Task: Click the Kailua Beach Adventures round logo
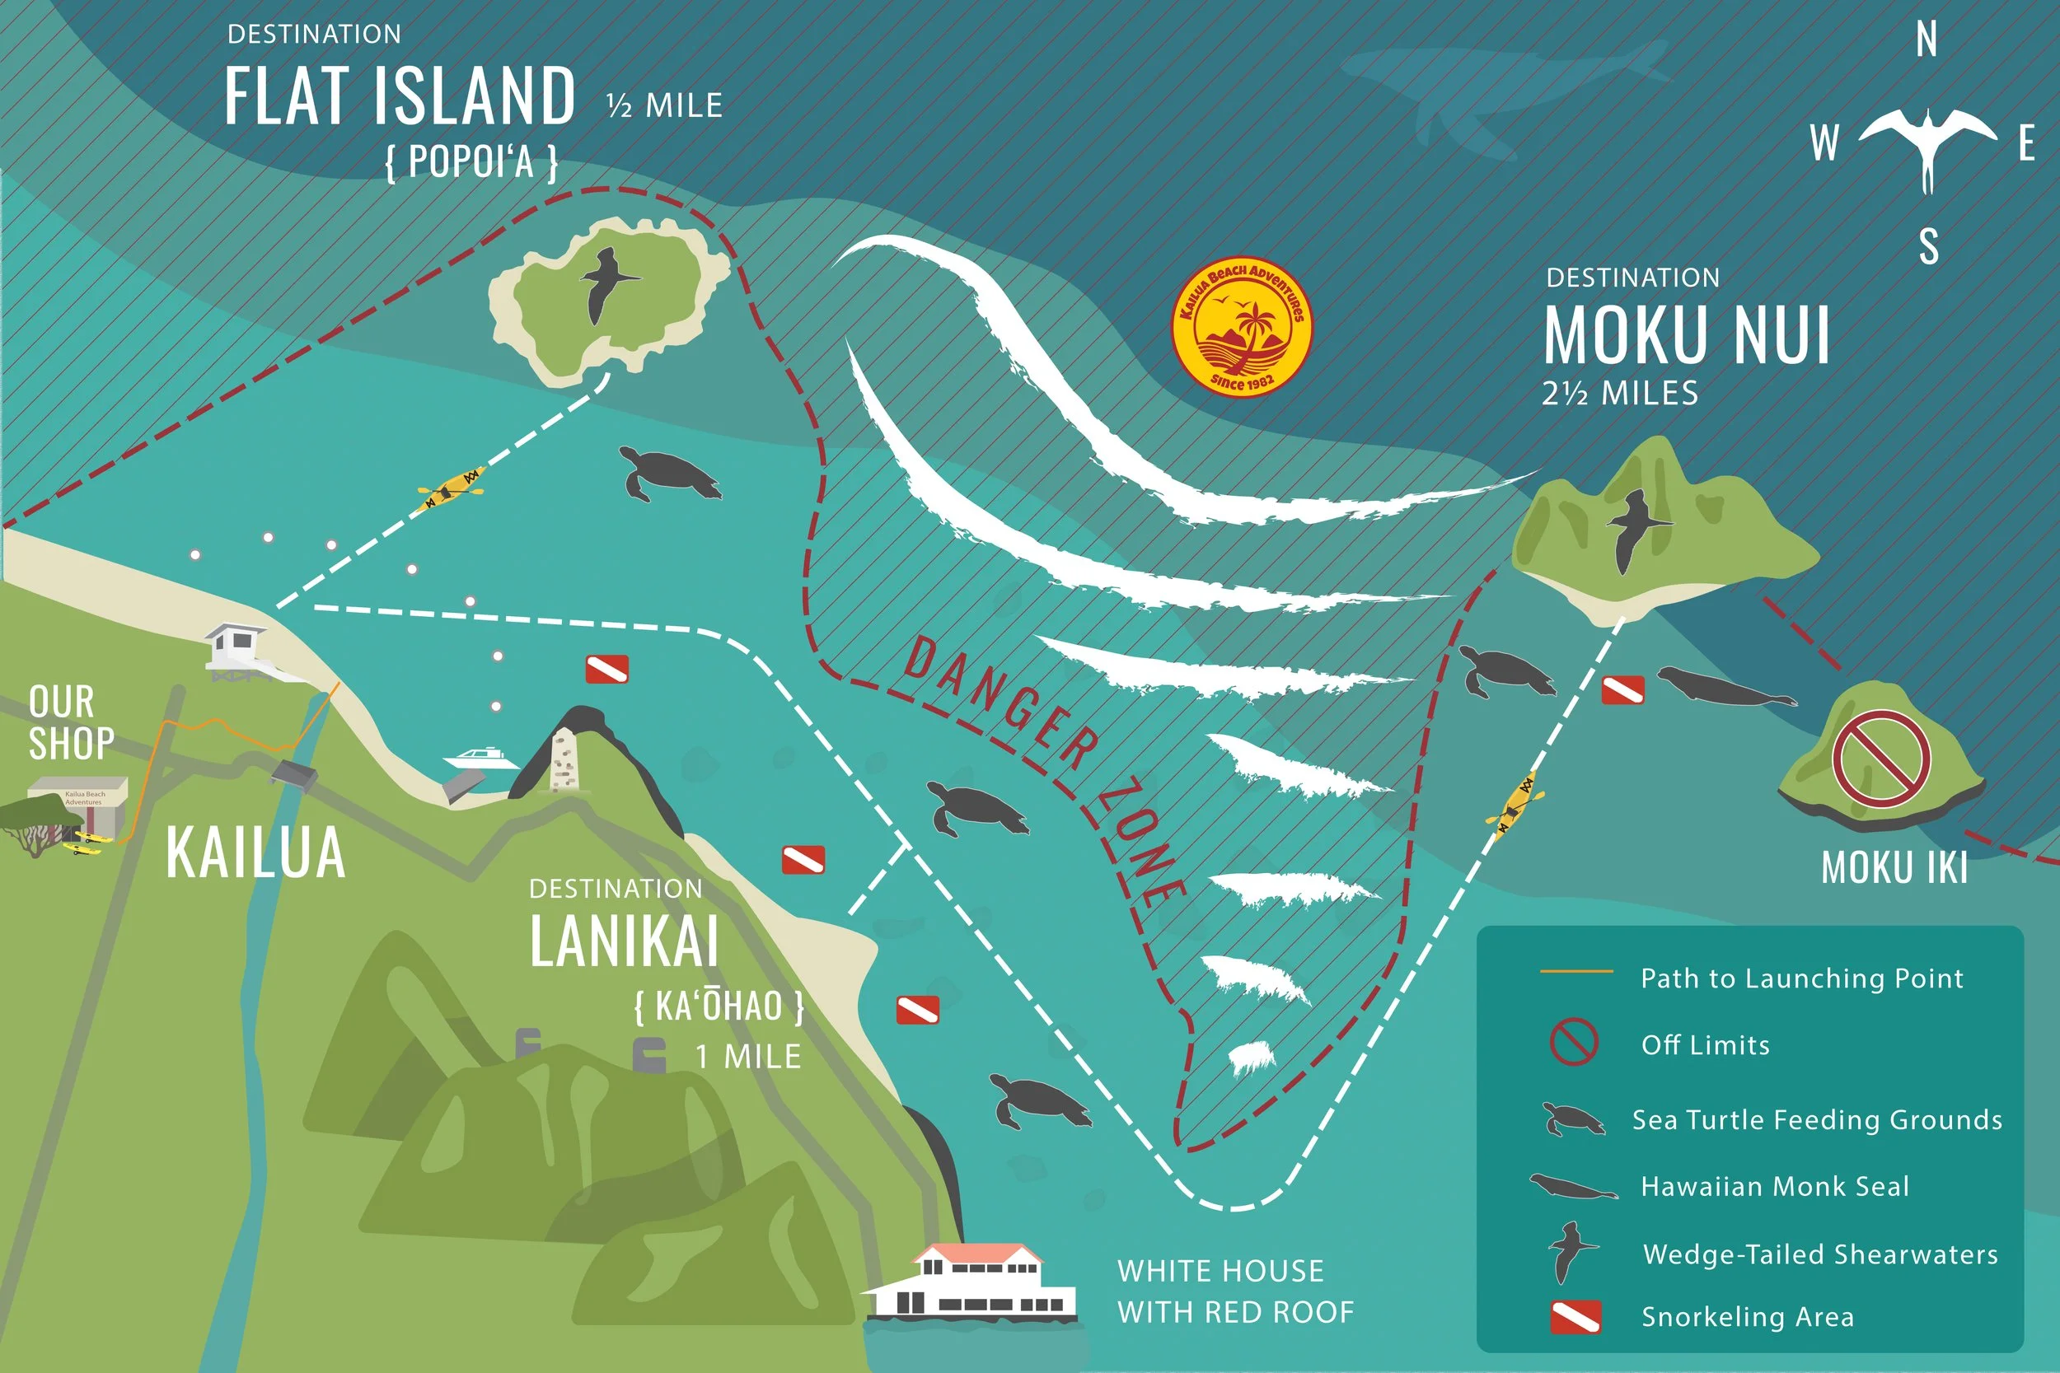[1242, 325]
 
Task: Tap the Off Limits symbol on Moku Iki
[1881, 759]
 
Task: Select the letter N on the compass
[1926, 40]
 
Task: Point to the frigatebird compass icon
[1927, 144]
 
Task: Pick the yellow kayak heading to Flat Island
[452, 488]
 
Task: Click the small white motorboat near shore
[480, 758]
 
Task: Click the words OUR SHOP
[70, 722]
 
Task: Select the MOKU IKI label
[1894, 867]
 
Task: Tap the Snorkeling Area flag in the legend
[1575, 1317]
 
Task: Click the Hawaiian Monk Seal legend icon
[1573, 1188]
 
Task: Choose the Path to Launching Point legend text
[1800, 978]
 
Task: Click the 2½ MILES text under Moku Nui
[1620, 393]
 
